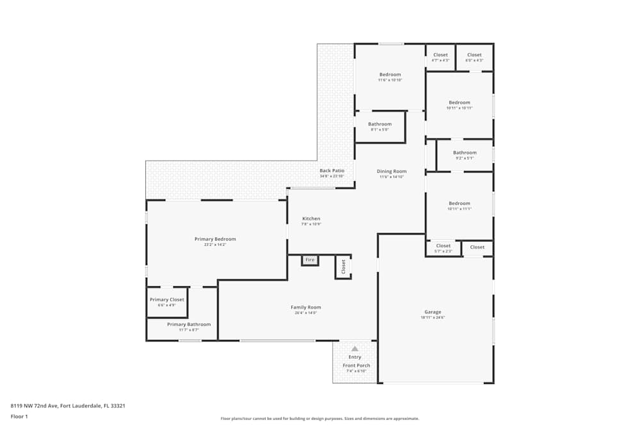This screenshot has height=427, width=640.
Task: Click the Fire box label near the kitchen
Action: coord(310,260)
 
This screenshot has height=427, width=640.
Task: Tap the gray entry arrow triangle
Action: coord(355,349)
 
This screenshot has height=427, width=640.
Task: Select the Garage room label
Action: coord(433,312)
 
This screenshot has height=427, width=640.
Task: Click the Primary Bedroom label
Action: coord(215,239)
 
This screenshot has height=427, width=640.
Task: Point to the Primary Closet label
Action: coord(166,300)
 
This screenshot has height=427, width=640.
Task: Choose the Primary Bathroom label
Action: coord(189,325)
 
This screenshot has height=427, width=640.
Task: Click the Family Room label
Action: coord(305,307)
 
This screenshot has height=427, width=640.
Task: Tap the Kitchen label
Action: coord(311,219)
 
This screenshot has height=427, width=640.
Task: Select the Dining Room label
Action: coord(392,172)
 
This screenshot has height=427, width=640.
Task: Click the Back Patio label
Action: coord(332,171)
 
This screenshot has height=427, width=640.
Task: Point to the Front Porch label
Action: coord(356,366)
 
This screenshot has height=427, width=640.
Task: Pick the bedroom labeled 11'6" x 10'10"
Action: coord(389,75)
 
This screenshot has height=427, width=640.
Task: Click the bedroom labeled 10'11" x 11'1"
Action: coord(459,204)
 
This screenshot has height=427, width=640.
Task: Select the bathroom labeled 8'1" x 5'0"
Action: coord(380,124)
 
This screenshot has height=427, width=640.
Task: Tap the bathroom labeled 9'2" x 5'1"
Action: coord(465,153)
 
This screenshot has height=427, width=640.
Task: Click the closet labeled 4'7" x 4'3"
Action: coord(440,55)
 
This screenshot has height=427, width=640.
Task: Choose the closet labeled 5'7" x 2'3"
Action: coord(443,246)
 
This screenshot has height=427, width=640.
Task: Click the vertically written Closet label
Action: coord(343,266)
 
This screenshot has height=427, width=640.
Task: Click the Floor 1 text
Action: coord(19,416)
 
